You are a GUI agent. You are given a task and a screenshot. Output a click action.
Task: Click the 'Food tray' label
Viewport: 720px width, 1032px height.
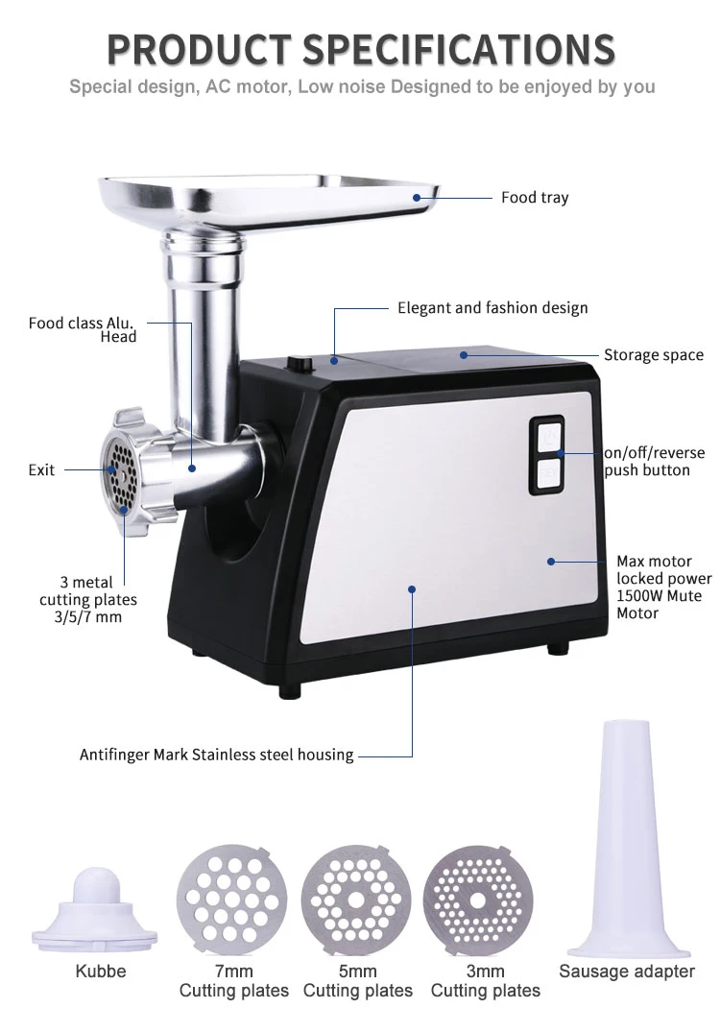pos(534,198)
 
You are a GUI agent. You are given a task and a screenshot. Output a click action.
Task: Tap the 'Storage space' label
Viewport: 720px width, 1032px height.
pos(653,355)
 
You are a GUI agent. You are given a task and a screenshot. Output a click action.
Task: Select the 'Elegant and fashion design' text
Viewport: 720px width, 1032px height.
pos(492,308)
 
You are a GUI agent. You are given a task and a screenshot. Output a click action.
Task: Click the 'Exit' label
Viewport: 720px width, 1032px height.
pos(41,470)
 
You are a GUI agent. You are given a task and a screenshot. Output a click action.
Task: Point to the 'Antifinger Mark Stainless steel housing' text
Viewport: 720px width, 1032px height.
pos(216,755)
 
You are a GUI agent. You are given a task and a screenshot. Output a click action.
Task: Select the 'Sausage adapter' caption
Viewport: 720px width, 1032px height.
pos(626,972)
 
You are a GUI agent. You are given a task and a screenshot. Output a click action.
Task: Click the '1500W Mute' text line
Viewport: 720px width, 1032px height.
pos(659,596)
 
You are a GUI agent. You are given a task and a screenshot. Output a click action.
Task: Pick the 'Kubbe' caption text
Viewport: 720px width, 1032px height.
pos(100,972)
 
